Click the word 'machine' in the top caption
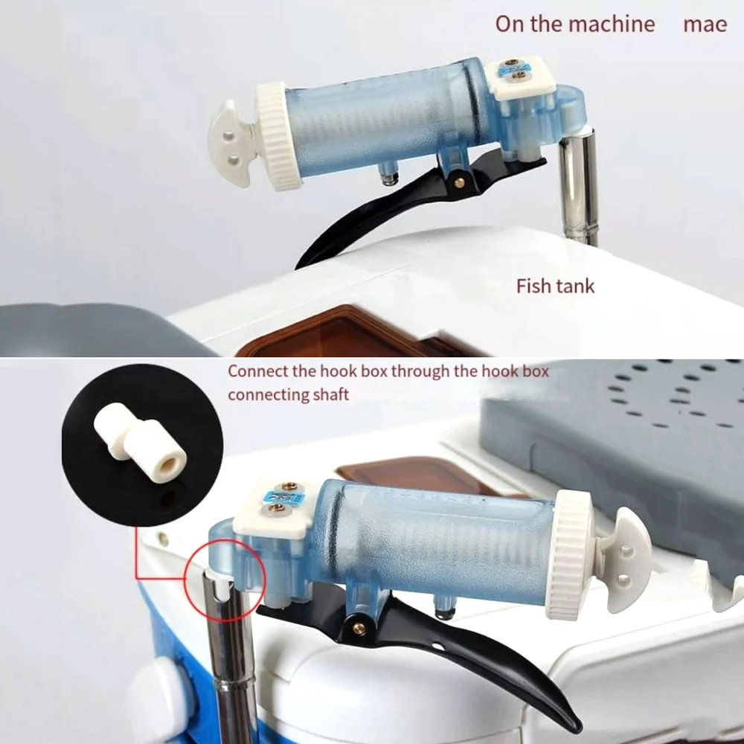click(x=612, y=24)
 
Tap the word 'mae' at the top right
click(x=705, y=24)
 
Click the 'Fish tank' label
click(x=556, y=286)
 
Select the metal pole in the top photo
click(x=580, y=186)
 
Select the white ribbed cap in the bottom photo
click(x=572, y=555)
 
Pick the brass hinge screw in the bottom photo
click(x=359, y=628)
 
